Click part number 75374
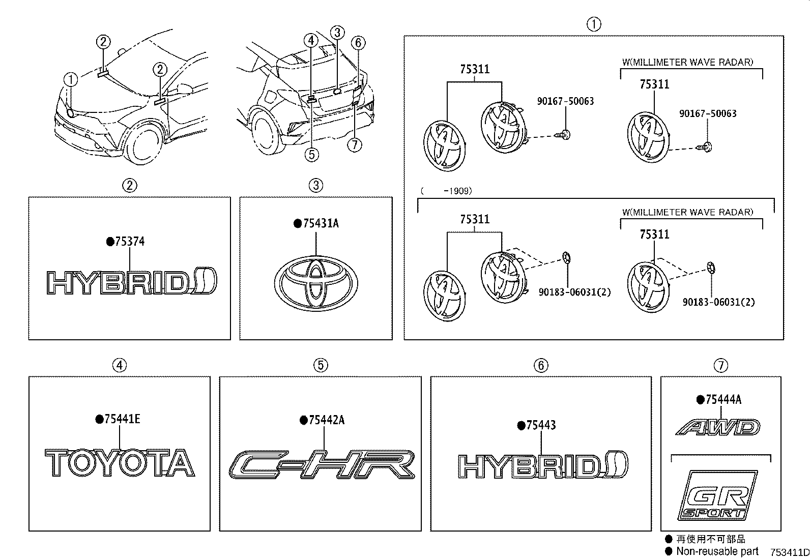click(x=129, y=242)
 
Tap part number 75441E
click(x=122, y=419)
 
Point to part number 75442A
click(x=326, y=420)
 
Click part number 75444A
click(x=722, y=400)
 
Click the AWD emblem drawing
click(x=718, y=427)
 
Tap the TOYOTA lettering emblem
click(x=120, y=463)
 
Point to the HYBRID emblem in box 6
click(x=542, y=465)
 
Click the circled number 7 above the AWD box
click(x=720, y=365)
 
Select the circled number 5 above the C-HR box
click(x=320, y=365)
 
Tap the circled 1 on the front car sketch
click(x=71, y=79)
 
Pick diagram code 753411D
click(x=789, y=552)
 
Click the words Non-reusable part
click(x=717, y=551)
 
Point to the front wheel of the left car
click(x=144, y=146)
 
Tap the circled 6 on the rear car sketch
click(x=358, y=43)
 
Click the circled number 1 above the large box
click(x=593, y=24)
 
